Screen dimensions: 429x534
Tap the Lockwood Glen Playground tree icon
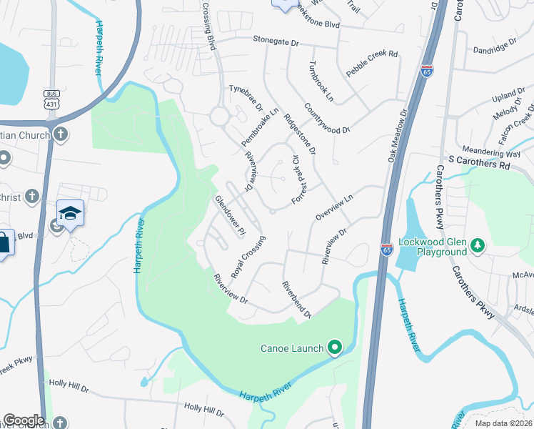point(478,247)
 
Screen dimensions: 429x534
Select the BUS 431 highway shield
point(51,99)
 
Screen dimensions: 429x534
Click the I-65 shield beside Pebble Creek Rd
point(427,71)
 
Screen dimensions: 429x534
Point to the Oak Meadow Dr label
point(396,136)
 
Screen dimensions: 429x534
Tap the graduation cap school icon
point(71,214)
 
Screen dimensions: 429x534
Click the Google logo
point(24,420)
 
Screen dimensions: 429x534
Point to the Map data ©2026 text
point(503,423)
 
